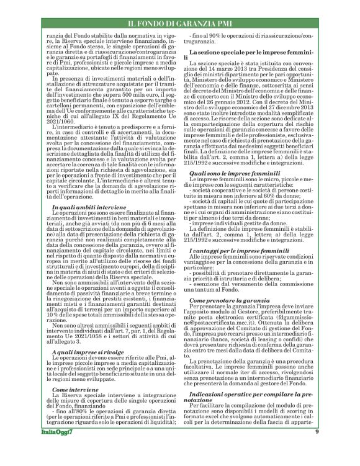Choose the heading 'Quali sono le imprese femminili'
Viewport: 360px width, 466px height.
click(x=228, y=174)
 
